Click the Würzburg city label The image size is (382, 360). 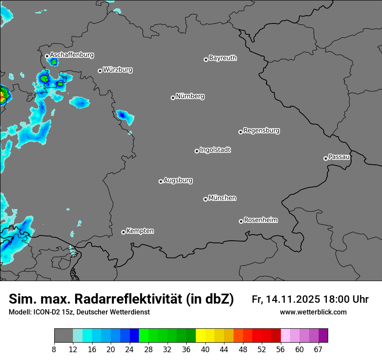click(118, 69)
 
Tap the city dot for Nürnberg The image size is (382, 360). click(173, 98)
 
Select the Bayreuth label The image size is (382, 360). click(223, 58)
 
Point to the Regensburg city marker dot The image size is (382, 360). click(240, 132)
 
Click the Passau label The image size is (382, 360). click(339, 157)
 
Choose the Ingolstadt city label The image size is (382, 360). click(215, 150)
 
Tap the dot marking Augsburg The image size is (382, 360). click(161, 181)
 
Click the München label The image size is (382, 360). click(222, 198)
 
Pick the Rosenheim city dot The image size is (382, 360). click(241, 221)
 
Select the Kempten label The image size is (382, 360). click(140, 231)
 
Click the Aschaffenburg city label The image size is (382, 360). click(72, 55)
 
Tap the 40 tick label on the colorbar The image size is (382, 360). click(205, 350)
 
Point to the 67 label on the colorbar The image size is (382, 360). click(318, 350)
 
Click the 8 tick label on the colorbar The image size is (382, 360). click(54, 350)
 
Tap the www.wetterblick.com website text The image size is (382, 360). click(313, 312)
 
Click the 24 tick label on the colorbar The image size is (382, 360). click(130, 350)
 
